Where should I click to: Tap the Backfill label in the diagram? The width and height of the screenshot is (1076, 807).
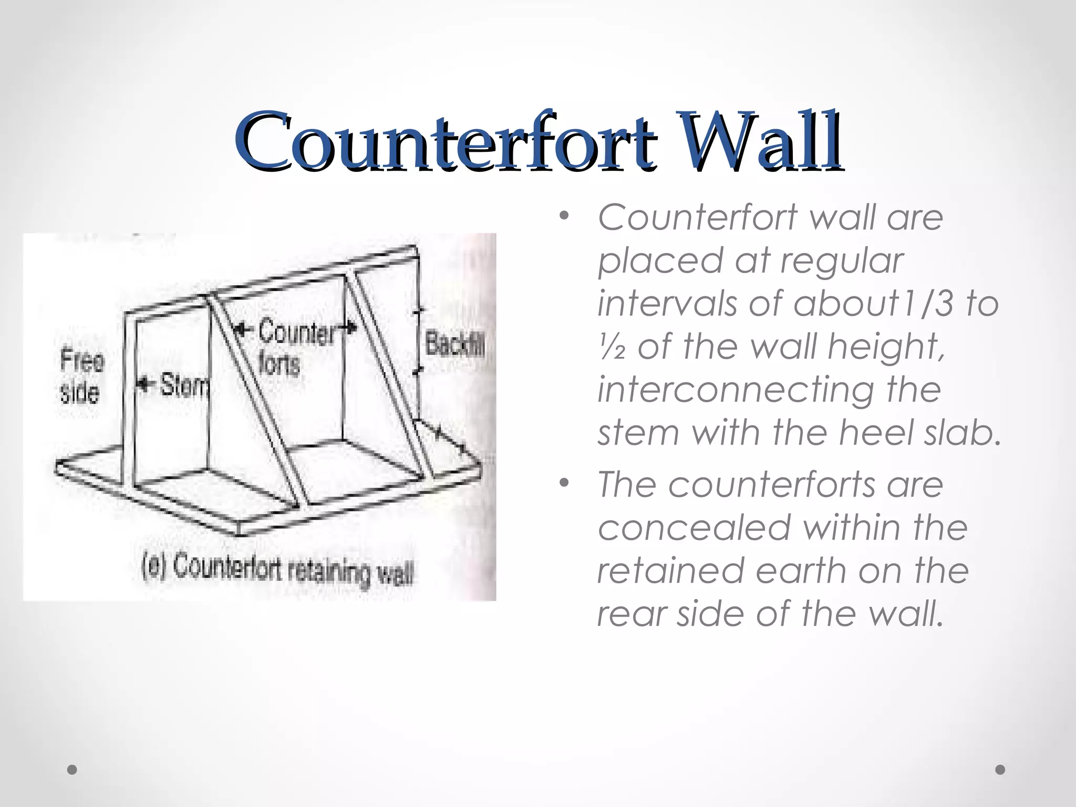(454, 344)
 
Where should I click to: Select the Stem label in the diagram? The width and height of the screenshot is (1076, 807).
(184, 386)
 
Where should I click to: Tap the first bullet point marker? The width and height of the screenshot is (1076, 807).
(564, 216)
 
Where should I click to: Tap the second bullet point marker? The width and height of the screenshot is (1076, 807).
(564, 483)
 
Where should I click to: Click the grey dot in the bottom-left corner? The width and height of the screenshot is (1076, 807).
(73, 770)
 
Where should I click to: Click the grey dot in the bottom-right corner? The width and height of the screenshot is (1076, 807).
(1000, 770)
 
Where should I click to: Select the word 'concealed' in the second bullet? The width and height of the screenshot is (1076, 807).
(694, 527)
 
